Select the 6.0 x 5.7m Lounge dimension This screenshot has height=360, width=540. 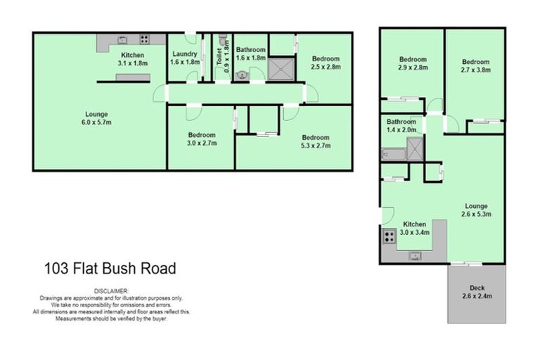[x=98, y=122]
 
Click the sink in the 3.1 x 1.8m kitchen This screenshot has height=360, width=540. [x=121, y=40]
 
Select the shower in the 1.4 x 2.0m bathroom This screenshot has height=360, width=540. [x=416, y=147]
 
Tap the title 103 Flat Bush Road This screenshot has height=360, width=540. [x=110, y=268]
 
